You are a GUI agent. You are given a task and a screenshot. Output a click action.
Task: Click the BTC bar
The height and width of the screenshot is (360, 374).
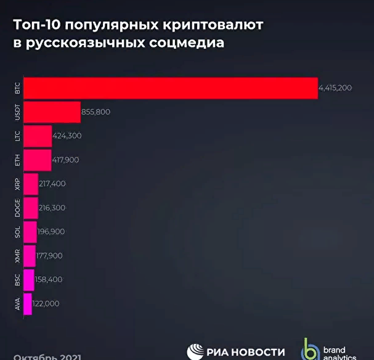[170, 88]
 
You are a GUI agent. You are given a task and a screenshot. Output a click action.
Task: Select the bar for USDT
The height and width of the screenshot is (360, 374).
[52, 112]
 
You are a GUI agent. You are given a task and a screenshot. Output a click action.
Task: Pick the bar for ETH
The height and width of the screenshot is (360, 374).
[37, 160]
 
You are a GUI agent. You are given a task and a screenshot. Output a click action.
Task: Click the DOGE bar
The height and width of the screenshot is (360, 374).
[30, 208]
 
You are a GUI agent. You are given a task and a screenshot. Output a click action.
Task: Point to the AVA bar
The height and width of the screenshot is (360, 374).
[27, 304]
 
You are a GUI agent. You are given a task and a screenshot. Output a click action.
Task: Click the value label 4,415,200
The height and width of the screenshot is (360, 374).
[335, 88]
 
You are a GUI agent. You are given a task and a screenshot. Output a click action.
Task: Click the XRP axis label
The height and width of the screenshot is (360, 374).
[17, 184]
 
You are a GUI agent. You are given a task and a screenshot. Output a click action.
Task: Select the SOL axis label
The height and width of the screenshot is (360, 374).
[17, 232]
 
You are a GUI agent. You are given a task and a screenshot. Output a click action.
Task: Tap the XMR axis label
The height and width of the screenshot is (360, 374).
[17, 256]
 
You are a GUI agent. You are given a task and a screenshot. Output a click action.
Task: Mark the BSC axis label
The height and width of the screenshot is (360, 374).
[17, 280]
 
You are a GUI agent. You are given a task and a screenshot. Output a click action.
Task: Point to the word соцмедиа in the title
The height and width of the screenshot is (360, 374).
[187, 44]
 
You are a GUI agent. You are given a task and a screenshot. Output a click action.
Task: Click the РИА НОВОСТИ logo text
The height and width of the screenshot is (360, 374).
[245, 352]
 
